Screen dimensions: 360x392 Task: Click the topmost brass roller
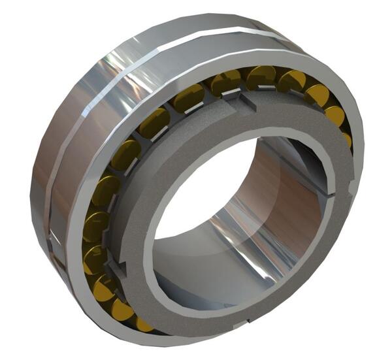[x=261, y=76]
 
